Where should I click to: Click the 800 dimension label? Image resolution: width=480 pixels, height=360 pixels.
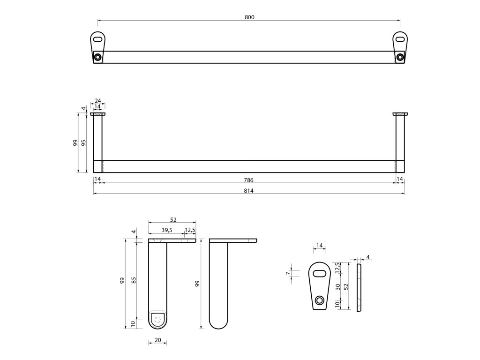click(x=249, y=17)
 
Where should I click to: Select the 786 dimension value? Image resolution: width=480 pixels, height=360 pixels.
click(x=249, y=180)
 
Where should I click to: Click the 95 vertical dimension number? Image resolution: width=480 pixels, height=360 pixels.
click(x=84, y=142)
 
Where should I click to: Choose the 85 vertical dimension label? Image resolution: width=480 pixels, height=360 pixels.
click(x=134, y=280)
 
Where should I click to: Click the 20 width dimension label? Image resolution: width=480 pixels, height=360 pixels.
click(x=157, y=340)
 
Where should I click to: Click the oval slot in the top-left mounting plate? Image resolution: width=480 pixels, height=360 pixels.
click(x=97, y=39)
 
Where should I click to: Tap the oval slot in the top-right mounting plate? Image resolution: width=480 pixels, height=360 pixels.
click(x=399, y=39)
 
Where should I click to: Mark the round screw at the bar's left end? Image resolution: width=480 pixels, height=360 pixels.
click(x=97, y=57)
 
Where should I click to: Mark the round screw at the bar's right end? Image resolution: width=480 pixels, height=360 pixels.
click(x=399, y=57)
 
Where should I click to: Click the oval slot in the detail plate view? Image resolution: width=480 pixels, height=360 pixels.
click(x=320, y=274)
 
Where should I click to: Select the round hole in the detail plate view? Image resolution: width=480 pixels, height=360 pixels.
click(x=320, y=300)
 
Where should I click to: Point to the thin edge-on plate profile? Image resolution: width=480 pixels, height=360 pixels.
click(x=359, y=287)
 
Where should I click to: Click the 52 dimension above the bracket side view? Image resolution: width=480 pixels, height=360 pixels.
click(x=172, y=220)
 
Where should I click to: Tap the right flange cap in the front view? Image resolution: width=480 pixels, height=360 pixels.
click(x=400, y=113)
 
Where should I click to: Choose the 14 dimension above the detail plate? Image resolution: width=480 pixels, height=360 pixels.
click(x=319, y=246)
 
